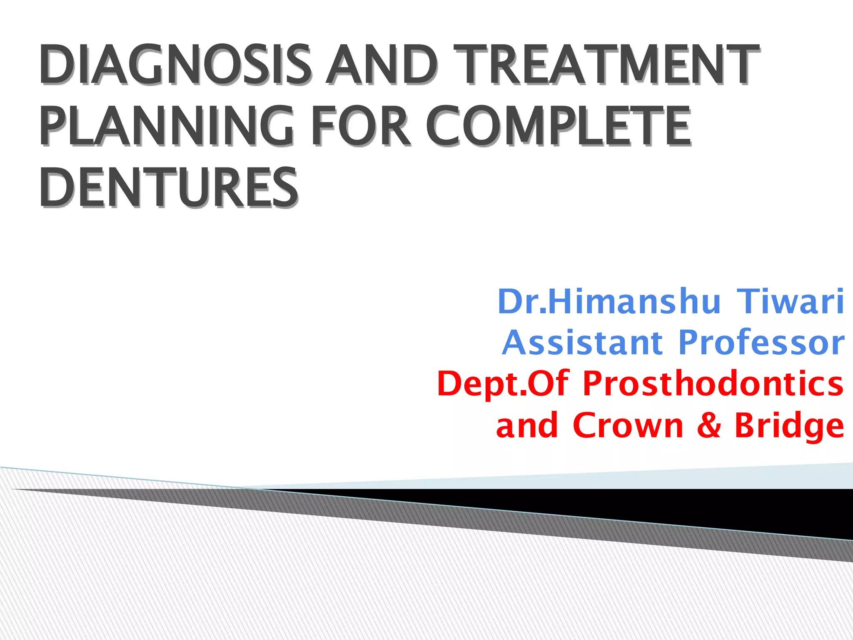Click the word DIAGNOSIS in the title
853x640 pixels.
[175, 65]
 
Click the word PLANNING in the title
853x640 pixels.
[167, 126]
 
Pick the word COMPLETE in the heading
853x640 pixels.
[558, 126]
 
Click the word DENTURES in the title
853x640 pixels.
[169, 187]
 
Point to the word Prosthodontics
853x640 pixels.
[713, 384]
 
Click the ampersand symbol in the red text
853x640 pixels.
[708, 425]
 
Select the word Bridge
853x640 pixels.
[789, 425]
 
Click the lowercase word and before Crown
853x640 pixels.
[527, 425]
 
